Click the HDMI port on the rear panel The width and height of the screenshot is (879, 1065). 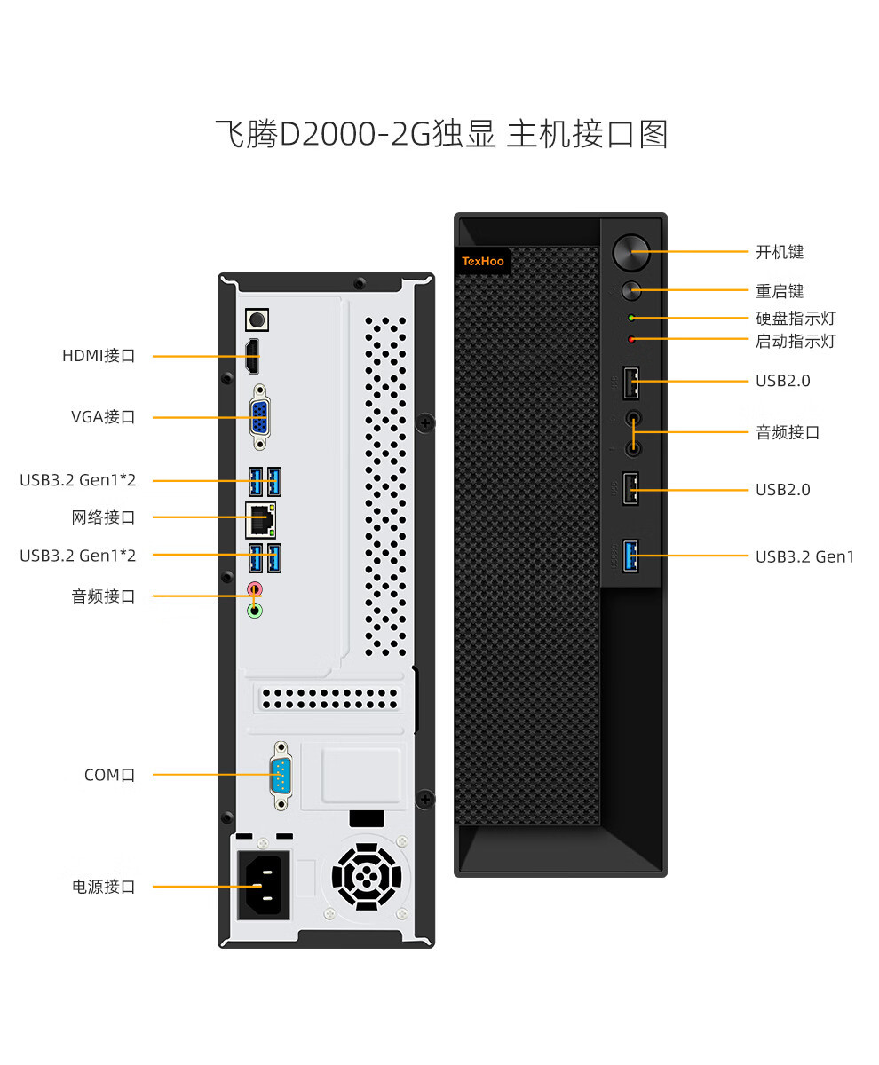252,357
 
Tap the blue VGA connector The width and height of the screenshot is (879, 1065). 258,416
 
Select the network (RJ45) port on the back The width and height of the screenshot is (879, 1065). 260,519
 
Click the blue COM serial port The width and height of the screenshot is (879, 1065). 281,775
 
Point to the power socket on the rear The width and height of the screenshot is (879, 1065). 263,885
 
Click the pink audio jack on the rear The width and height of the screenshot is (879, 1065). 255,588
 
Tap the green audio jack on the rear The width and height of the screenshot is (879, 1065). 255,610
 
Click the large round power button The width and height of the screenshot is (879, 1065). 631,251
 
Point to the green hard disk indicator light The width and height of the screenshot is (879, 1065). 631,318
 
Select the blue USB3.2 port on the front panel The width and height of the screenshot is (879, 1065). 630,556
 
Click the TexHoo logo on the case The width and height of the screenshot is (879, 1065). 482,261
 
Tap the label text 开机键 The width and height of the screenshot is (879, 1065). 780,252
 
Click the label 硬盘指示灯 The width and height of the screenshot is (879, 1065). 796,318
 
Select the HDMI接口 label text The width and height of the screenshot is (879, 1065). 99,356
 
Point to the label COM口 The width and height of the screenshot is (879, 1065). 109,775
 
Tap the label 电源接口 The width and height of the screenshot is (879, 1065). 104,886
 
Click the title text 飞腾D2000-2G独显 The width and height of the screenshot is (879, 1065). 355,134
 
